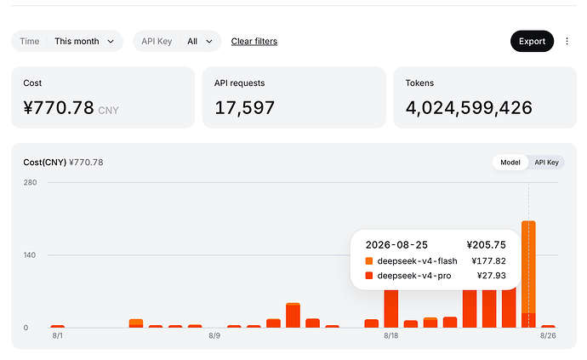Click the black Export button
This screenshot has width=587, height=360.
click(532, 41)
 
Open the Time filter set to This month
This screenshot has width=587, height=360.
click(67, 41)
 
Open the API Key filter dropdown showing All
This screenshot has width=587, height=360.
click(177, 41)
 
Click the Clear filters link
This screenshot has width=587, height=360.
click(254, 41)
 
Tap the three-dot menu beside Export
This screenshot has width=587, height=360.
click(567, 41)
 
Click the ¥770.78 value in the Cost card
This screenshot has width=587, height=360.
click(59, 108)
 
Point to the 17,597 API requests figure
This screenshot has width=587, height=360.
click(244, 108)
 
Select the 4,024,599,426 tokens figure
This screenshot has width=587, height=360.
click(469, 108)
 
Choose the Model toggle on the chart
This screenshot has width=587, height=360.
click(510, 163)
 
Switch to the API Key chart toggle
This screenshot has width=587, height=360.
click(546, 163)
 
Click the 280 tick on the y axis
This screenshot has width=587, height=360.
click(30, 182)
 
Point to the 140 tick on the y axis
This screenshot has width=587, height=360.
click(30, 255)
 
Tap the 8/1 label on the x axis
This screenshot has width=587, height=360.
click(58, 335)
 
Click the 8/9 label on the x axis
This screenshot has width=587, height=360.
click(214, 335)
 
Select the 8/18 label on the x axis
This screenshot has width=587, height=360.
click(390, 335)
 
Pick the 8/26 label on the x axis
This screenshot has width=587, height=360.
click(548, 335)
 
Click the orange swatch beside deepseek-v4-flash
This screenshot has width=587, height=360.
click(369, 261)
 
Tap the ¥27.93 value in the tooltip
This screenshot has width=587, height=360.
click(491, 276)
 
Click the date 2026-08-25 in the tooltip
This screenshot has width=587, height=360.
click(396, 245)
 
